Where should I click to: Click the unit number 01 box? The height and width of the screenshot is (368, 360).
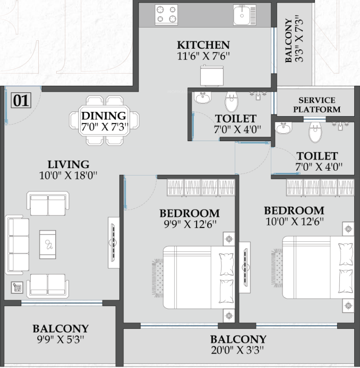click(21, 100)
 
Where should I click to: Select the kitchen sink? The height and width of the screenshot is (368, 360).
click(244, 14)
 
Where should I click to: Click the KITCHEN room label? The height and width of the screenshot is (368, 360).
click(203, 45)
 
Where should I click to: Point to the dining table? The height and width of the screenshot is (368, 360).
click(104, 120)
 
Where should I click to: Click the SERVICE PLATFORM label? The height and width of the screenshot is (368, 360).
click(317, 104)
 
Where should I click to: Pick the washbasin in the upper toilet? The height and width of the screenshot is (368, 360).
click(202, 98)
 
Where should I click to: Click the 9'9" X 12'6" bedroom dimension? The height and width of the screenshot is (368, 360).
click(190, 224)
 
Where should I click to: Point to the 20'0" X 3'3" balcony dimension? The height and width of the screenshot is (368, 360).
click(238, 350)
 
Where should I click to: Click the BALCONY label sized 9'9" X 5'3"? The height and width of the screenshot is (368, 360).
click(61, 329)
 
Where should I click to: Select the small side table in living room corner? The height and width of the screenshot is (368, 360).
click(17, 287)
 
